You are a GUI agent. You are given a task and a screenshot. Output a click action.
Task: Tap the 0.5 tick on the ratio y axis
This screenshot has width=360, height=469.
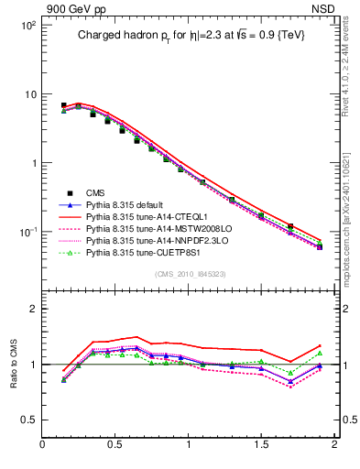[x=27, y=420]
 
